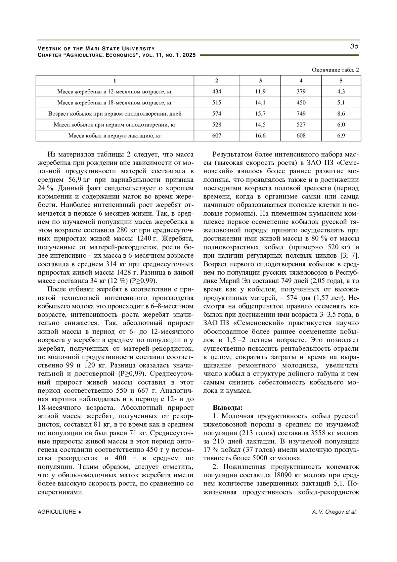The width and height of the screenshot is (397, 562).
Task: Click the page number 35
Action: [354, 46]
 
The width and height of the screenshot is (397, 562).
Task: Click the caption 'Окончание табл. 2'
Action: [335, 70]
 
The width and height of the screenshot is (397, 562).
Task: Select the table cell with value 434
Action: [217, 92]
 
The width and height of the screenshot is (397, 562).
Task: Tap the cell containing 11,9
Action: [260, 92]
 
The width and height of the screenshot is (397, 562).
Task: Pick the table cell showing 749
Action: [301, 114]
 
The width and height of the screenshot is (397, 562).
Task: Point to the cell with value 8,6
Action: [341, 114]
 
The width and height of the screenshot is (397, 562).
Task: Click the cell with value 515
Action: [217, 103]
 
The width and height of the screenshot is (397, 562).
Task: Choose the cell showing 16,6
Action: [260, 135]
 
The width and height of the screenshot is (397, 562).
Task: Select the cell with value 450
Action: [301, 103]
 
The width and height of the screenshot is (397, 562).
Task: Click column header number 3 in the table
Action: [260, 80]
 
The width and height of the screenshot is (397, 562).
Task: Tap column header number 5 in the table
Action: [341, 80]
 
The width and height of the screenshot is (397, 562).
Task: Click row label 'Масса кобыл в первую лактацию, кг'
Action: [115, 135]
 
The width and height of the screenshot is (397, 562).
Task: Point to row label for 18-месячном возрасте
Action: [115, 103]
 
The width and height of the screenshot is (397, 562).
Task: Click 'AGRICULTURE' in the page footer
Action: [57, 512]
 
